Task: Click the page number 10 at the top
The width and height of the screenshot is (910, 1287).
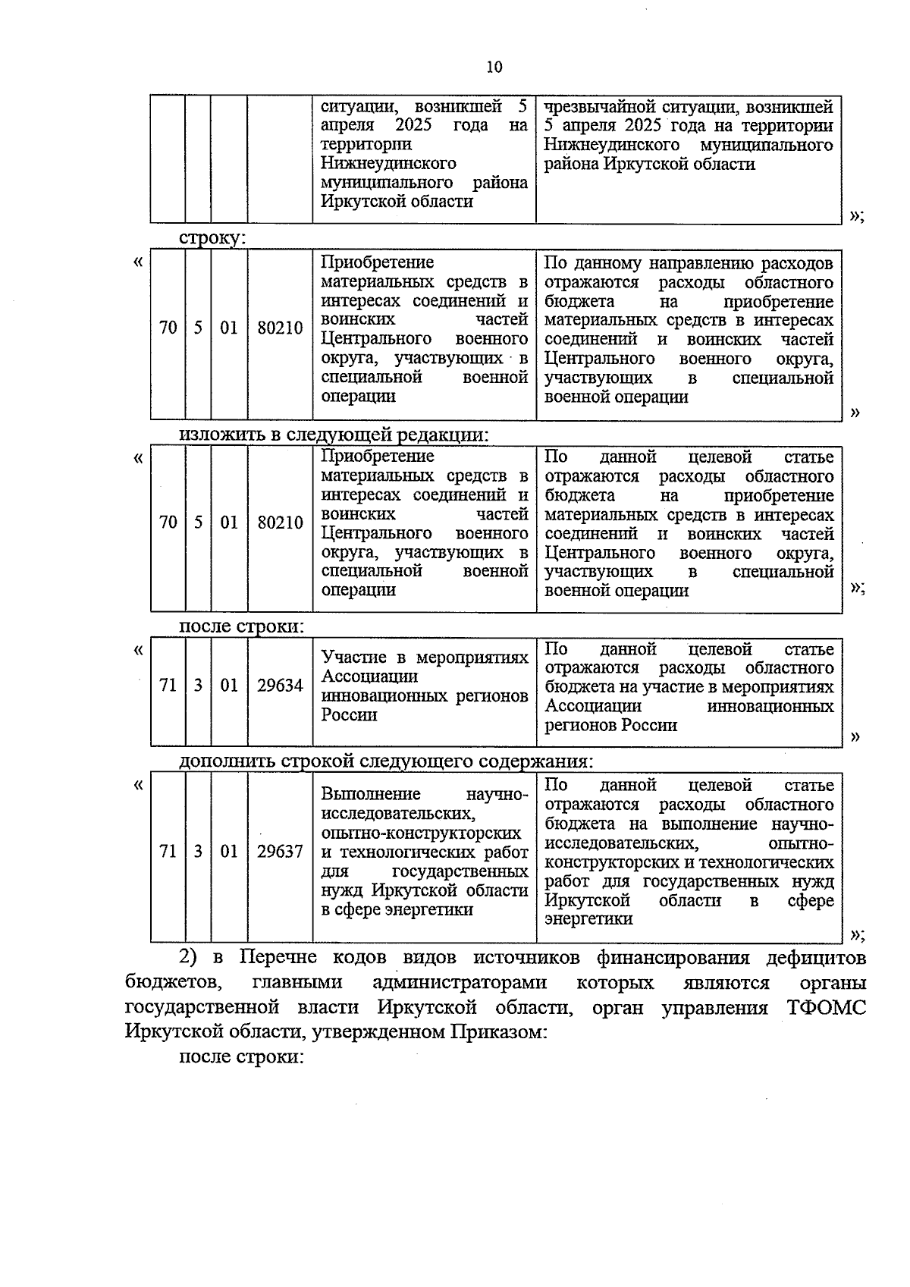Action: coord(494,67)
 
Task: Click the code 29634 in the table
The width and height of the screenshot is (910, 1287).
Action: coord(280,686)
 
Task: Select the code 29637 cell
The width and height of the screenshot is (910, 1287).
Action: coord(280,852)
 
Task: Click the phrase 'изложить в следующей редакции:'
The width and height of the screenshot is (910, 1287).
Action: coord(334,435)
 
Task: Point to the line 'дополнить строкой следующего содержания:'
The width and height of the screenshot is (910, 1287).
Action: coord(386,761)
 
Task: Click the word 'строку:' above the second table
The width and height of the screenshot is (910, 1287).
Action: coord(212,237)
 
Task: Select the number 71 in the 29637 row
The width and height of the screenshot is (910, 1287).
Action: coord(168,852)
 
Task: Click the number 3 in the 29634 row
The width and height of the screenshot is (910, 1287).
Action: coord(198,686)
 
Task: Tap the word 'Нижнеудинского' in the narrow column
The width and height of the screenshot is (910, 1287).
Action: coord(388,163)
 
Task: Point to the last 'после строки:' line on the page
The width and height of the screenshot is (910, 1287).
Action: coord(241,1056)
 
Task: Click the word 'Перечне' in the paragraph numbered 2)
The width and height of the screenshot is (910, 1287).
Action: coord(278,958)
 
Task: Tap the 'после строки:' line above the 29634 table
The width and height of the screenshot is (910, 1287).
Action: coord(241,627)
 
